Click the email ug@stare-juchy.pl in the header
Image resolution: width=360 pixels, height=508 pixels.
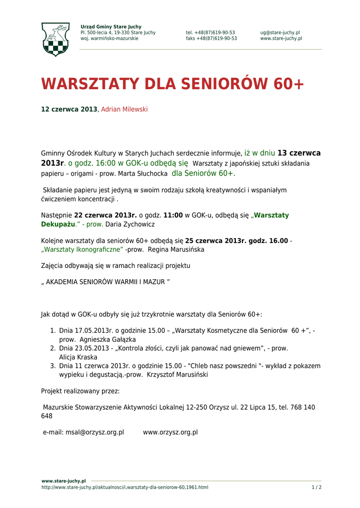click(280, 33)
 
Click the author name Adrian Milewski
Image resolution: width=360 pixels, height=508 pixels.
click(124, 109)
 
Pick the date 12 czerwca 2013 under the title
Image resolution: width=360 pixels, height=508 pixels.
click(69, 109)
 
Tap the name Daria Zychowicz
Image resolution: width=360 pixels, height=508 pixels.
click(130, 224)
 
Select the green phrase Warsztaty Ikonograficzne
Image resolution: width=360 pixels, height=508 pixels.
click(82, 250)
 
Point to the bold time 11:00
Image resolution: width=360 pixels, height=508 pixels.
click(173, 215)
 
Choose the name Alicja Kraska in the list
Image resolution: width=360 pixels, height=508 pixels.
click(78, 357)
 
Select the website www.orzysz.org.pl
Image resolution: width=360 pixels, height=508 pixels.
click(170, 432)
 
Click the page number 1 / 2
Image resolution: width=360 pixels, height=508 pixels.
click(316, 487)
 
